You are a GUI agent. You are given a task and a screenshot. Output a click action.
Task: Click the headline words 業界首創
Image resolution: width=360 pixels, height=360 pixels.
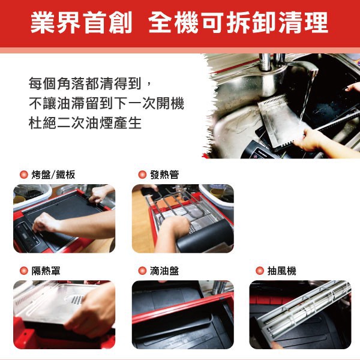81,23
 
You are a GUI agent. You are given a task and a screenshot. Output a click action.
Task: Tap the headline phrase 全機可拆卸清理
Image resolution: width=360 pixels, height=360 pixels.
238,23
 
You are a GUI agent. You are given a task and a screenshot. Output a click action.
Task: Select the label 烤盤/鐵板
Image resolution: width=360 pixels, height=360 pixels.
53,175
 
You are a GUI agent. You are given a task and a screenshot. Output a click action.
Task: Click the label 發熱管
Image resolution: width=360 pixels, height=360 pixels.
164,175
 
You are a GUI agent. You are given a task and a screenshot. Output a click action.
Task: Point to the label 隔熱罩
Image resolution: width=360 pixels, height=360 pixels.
46,271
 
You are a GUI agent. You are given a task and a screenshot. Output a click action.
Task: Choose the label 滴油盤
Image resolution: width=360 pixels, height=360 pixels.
164,271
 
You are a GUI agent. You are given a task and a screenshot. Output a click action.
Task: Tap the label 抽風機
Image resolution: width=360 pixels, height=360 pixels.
282,271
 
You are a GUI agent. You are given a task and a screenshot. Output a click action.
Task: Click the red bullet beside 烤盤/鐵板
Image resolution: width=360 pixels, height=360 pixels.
23,175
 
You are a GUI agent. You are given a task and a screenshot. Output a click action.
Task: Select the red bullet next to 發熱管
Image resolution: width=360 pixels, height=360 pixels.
142,175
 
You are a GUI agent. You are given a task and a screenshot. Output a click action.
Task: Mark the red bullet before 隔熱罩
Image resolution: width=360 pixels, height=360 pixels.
23,271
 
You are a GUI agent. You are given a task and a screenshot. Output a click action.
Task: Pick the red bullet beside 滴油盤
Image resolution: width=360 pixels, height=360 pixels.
142,271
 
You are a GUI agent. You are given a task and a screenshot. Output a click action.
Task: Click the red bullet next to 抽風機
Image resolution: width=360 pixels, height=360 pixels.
260,271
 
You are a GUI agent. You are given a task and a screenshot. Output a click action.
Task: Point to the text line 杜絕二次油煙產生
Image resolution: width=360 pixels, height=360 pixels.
85,123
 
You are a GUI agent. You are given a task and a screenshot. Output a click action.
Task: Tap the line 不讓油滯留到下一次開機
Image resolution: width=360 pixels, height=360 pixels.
106,103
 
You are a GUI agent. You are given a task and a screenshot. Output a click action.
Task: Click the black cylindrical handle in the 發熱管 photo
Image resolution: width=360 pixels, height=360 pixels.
205,236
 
